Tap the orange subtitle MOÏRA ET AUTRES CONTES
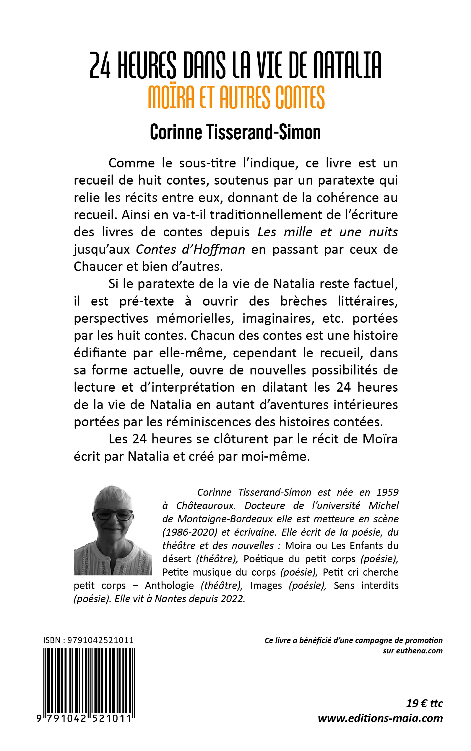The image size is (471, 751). click(236, 97)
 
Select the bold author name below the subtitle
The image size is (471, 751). click(236, 132)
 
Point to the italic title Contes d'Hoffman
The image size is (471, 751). click(190, 249)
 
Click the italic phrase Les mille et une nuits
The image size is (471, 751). click(328, 232)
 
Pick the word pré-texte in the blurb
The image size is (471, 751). click(147, 301)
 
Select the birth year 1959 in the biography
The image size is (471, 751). click(387, 492)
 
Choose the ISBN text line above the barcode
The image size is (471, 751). click(88, 640)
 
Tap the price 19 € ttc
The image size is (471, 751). click(424, 704)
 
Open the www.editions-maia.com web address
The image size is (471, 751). click(380, 718)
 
